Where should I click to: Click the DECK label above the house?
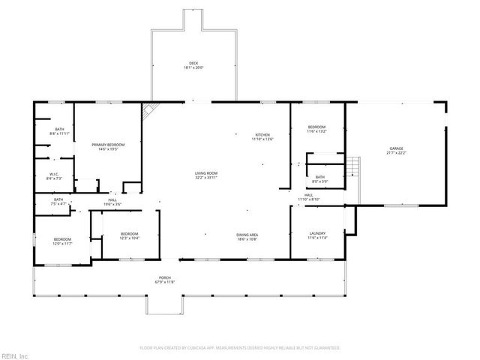tap(193, 62)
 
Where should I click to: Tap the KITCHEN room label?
tap(262, 134)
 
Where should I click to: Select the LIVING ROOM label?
tap(206, 173)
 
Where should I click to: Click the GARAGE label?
tap(396, 148)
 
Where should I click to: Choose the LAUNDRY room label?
tap(317, 234)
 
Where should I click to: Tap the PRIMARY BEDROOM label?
tap(108, 144)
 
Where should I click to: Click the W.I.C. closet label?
tap(54, 175)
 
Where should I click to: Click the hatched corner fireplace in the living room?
tap(150, 109)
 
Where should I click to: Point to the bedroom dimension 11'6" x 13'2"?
tap(316, 132)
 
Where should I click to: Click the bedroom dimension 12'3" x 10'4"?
tap(130, 238)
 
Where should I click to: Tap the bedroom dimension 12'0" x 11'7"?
tap(61, 243)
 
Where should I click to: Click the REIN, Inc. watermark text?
tap(14, 355)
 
